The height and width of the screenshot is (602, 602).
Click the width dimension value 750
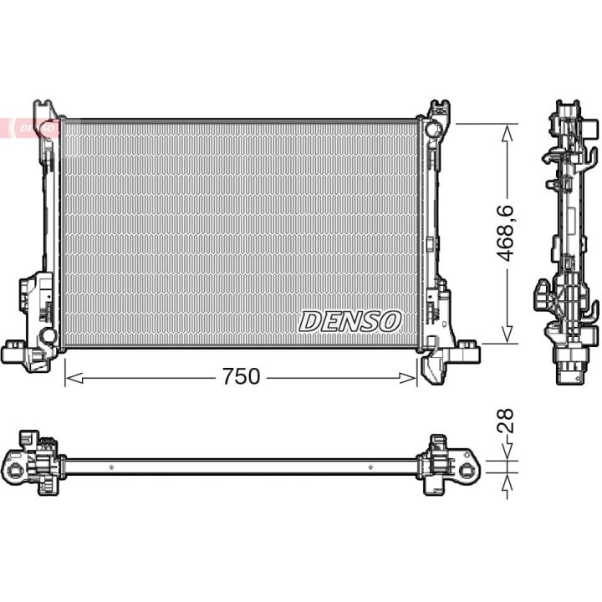pyautogui.click(x=241, y=376)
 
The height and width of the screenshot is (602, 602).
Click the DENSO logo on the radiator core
pyautogui.click(x=349, y=321)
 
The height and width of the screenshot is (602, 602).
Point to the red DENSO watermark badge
pyautogui.click(x=28, y=127)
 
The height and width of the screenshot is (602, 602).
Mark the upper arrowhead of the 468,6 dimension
pyautogui.click(x=508, y=134)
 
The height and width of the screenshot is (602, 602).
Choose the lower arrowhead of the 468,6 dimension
pyautogui.click(x=508, y=334)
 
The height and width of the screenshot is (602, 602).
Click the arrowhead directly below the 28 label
pyautogui.click(x=508, y=451)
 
